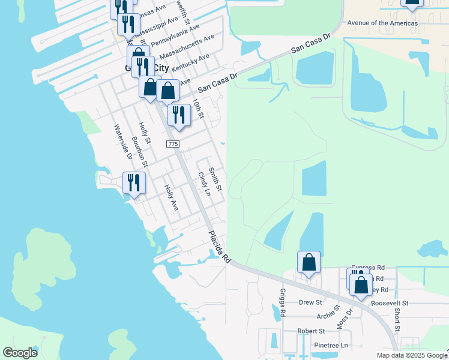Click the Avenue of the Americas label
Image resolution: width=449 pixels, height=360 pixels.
(382, 23)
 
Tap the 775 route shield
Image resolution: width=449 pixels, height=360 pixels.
(173, 145)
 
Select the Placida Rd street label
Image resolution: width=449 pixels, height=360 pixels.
(220, 247)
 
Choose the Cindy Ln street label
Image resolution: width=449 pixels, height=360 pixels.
(204, 184)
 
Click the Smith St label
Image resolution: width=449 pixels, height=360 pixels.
(215, 179)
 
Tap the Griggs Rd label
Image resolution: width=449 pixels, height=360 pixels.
(282, 302)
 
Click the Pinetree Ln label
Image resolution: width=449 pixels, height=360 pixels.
(331, 346)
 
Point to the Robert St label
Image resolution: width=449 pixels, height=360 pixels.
(311, 331)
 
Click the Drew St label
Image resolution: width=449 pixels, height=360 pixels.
(310, 303)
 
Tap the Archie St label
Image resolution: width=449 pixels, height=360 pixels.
(329, 317)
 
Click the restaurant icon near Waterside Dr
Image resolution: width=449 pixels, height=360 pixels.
(134, 182)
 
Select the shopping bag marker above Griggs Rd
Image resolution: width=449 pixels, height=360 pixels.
(309, 263)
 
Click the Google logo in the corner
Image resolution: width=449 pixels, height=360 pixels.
(20, 353)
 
